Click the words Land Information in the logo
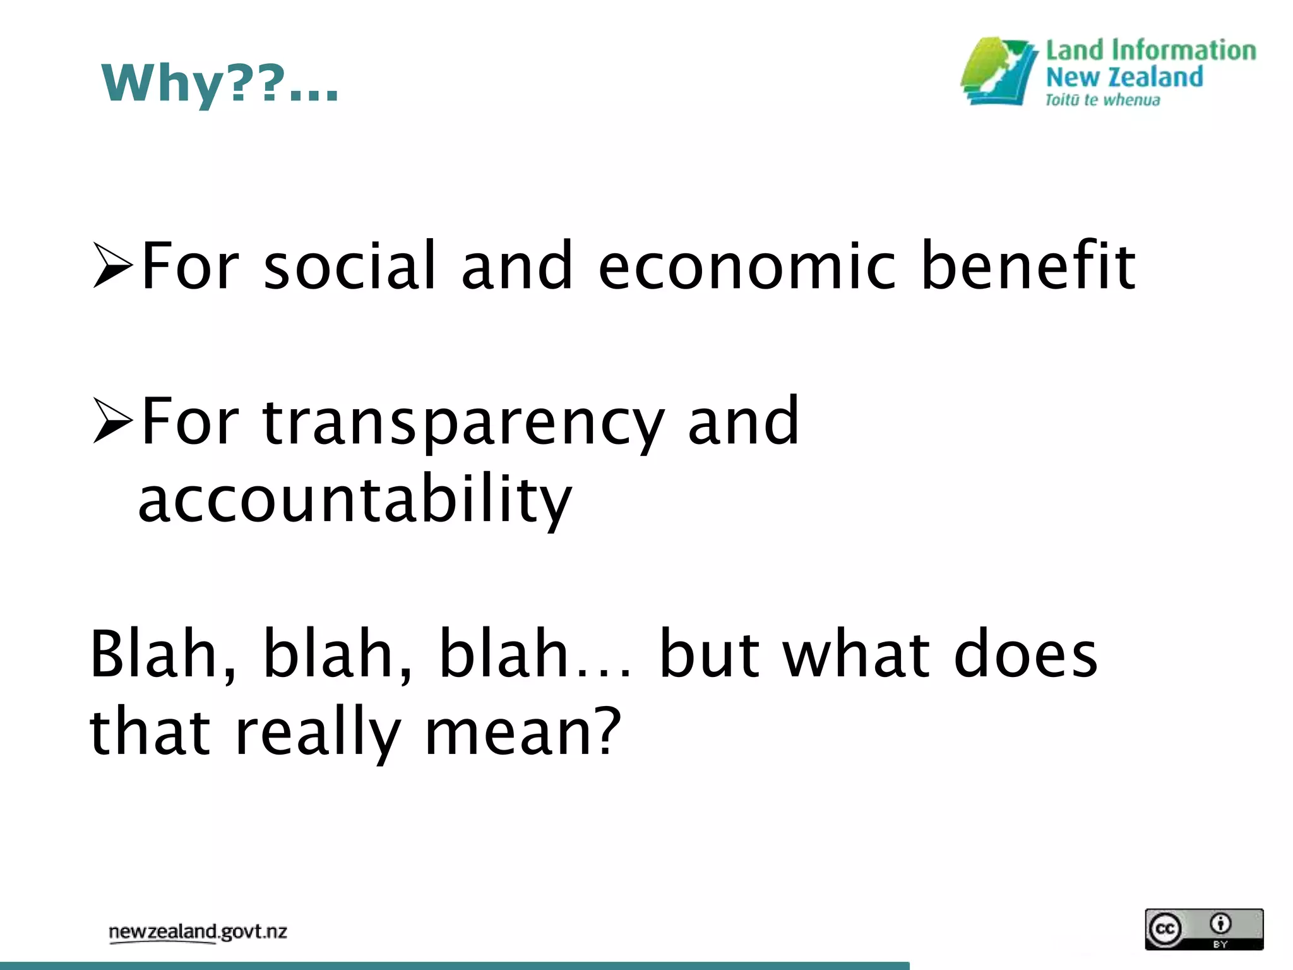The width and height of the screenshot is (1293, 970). click(x=1150, y=51)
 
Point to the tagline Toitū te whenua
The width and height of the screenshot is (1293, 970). click(x=1102, y=100)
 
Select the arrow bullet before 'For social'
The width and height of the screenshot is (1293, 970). click(x=112, y=265)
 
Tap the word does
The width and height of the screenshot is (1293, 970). click(x=1025, y=654)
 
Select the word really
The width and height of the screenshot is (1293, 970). click(x=318, y=733)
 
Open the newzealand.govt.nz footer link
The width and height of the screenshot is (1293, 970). click(x=198, y=932)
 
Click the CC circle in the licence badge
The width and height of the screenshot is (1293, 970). click(x=1165, y=928)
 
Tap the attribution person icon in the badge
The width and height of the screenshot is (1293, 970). click(x=1220, y=923)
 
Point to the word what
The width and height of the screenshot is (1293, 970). click(x=857, y=654)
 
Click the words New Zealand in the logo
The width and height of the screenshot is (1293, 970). click(x=1124, y=77)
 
